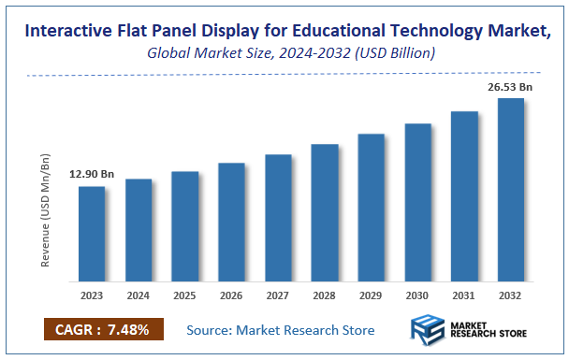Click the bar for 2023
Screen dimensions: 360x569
[91, 234]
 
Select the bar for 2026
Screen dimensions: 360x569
[231, 222]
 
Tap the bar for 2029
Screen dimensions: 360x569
[372, 207]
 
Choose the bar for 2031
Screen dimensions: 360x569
[464, 196]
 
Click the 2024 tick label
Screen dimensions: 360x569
[138, 295]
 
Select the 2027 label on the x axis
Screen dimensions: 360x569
[278, 295]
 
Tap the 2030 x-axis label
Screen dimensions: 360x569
[417, 295]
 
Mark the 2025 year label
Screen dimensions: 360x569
[184, 295]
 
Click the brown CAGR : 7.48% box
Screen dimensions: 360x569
[104, 329]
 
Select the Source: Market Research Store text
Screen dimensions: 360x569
[281, 330]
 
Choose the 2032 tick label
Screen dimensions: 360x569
[511, 295]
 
